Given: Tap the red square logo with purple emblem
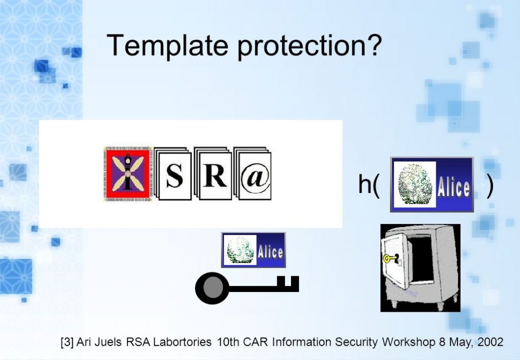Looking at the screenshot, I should [127, 174].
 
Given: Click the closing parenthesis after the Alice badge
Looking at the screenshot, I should [490, 185].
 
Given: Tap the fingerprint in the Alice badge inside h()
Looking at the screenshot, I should [414, 184].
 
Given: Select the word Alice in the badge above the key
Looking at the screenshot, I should [270, 251].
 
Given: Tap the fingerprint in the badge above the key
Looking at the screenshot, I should [239, 250].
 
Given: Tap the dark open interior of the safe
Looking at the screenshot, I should [421, 259].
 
